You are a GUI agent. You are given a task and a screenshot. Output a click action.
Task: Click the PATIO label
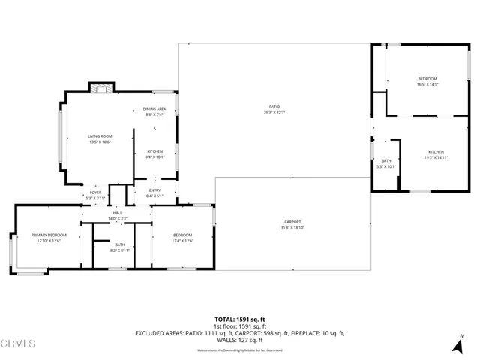click(x=274, y=109)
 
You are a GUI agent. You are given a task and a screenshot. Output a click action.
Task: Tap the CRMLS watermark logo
click(x=18, y=344)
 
